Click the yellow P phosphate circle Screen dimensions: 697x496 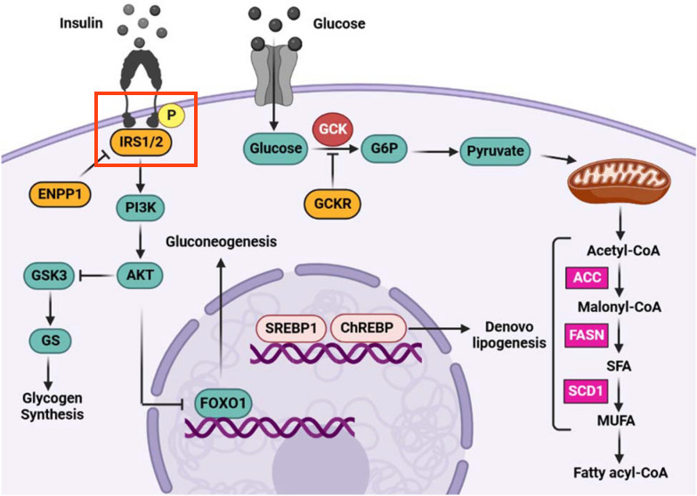tap(171, 115)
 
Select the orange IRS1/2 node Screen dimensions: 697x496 tap(141, 142)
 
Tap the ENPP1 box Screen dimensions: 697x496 tap(60, 195)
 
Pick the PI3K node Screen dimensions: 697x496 tap(141, 207)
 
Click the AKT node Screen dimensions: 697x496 tap(140, 276)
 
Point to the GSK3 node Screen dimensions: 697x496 tap(49, 276)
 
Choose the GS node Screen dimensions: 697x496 tap(50, 340)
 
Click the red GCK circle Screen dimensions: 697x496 tap(333, 129)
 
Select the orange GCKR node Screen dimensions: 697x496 tap(333, 204)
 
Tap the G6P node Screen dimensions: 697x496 tap(384, 148)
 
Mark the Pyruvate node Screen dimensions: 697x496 tap(495, 151)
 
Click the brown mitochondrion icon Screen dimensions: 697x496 tap(620, 180)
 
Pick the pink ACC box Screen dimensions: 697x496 tap(587, 277)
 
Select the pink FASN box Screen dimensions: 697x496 tap(587, 335)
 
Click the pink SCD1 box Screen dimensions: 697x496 tap(586, 391)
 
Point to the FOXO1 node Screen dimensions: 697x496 tap(223, 404)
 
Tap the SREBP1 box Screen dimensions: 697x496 tap(291, 329)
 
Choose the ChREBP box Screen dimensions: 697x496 tap(367, 328)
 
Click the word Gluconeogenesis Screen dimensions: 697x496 tap(222, 242)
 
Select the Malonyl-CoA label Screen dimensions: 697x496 tap(620, 307)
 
